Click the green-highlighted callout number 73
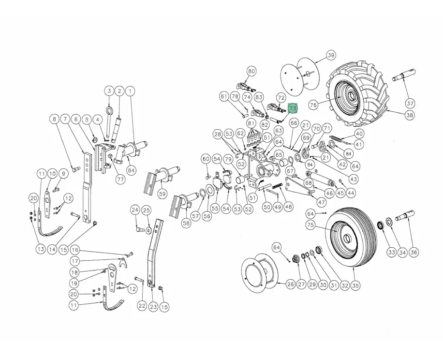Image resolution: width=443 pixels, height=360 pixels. [293, 109]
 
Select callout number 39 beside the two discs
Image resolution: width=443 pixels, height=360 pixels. [331, 55]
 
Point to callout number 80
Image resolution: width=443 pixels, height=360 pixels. [251, 71]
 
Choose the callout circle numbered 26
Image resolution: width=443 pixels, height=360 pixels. [290, 284]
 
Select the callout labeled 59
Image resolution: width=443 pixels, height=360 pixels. [162, 194]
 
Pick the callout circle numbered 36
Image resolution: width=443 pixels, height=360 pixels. [413, 252]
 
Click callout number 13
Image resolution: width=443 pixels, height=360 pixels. [40, 249]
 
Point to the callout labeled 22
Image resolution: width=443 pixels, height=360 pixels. [141, 306]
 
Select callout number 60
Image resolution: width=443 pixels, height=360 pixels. [206, 159]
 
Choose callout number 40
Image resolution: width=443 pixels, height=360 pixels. [359, 134]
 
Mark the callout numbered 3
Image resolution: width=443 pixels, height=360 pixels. [109, 90]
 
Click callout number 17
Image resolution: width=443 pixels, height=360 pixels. [74, 260]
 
